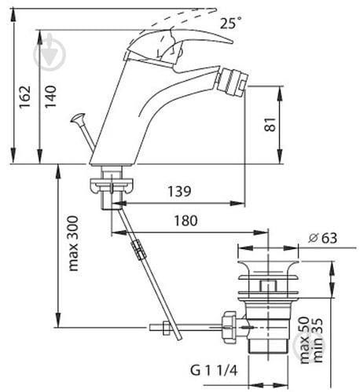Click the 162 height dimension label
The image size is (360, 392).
coord(25,97)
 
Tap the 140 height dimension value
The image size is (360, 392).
coord(50,97)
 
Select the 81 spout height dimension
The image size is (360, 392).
coord(270,125)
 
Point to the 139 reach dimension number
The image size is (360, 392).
coord(179,192)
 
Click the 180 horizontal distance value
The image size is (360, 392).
coord(186,221)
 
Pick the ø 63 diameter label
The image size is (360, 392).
coord(322,238)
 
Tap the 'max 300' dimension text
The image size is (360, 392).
coord(73,244)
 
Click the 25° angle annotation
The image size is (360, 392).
coord(230,23)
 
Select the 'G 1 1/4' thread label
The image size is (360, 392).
coord(214,371)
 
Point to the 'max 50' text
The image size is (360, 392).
coord(305,340)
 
